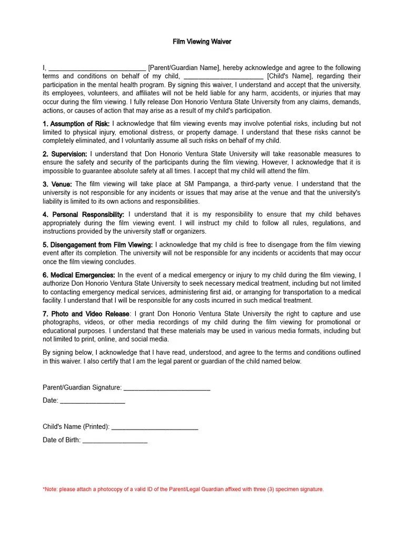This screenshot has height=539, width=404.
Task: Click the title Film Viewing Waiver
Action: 202,41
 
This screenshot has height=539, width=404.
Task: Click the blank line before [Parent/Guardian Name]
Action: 97,68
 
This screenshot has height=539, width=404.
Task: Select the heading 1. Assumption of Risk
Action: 76,124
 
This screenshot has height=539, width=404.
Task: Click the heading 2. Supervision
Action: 65,154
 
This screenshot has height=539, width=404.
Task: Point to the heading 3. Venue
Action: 58,184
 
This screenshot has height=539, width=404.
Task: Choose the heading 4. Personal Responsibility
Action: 84,215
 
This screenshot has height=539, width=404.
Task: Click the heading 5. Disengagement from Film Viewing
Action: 98,245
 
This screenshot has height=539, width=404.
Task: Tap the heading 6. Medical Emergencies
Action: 79,275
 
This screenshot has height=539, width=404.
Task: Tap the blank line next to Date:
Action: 93,401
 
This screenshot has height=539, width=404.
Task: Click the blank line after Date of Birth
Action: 115,441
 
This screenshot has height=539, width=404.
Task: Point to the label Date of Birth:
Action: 62,440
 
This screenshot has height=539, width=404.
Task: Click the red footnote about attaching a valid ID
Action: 183,489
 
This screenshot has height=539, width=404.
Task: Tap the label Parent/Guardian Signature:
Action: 82,387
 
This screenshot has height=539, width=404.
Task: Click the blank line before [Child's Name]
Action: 224,77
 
